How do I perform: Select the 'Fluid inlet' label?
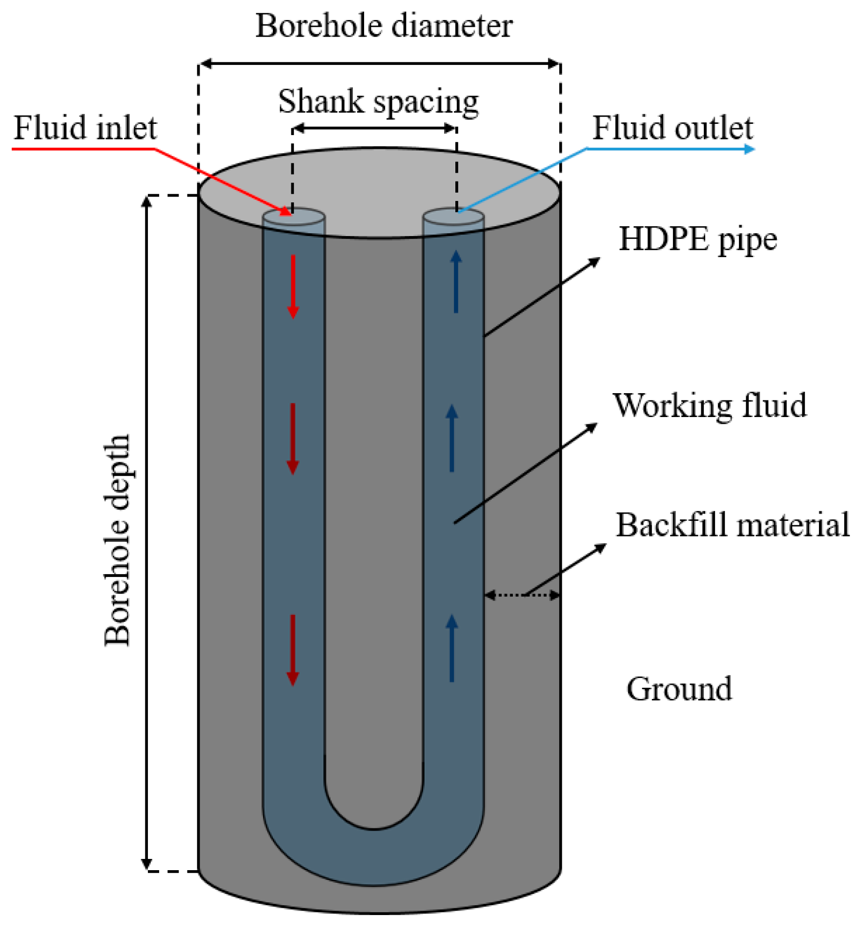coord(85,128)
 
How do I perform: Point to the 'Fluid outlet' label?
coord(673,128)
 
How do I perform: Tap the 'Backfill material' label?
coord(732,525)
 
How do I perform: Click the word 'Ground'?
coord(679,689)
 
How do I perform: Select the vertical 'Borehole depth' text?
coord(117,540)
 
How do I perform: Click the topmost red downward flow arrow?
coord(293,287)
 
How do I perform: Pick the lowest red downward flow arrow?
coord(292,650)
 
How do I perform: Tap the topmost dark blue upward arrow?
coord(456,281)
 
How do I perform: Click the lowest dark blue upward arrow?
coord(452,648)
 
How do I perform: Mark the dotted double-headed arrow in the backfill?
coord(522,595)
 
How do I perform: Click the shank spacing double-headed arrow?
coord(375,128)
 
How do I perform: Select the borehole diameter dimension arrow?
coord(380,63)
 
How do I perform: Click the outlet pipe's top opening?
coord(453,217)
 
